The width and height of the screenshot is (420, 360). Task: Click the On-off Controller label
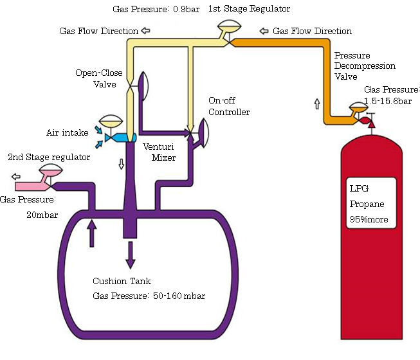tap(228, 107)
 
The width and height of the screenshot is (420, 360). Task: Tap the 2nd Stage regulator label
tap(49, 157)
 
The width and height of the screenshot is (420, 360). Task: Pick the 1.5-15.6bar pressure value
tap(390, 102)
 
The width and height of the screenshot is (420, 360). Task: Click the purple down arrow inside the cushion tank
tap(131, 253)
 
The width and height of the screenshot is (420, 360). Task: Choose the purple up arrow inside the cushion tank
tap(91, 233)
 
